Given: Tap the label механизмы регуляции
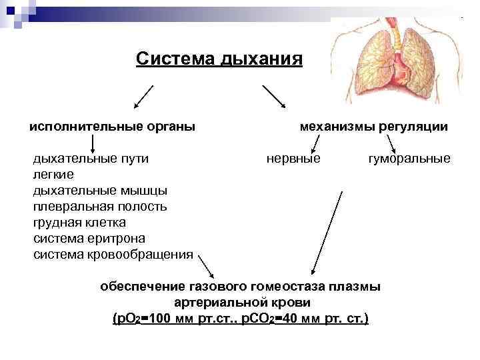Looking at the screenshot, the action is (x=374, y=126).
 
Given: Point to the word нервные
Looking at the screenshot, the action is (x=293, y=159).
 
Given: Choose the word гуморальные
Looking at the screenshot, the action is (x=409, y=159).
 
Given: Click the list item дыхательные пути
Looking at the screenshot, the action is (x=91, y=159).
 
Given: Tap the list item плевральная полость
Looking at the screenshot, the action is (x=100, y=207).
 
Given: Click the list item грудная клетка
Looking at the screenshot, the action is (x=79, y=223).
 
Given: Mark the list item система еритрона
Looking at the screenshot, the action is (x=89, y=239).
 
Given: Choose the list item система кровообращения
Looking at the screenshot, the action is (x=113, y=255).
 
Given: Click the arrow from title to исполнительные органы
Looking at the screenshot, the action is (x=144, y=97).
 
